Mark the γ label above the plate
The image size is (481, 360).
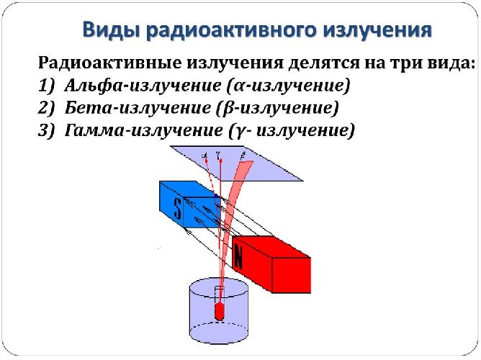(217, 153)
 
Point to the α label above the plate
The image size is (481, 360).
(205, 154)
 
